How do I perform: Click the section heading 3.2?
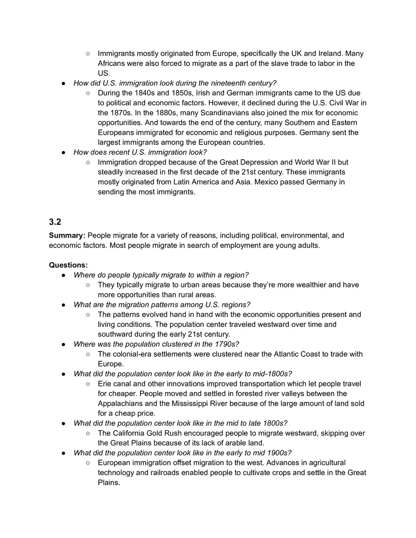tap(55, 222)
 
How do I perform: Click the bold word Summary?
tap(67, 235)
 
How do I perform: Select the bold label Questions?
tap(68, 265)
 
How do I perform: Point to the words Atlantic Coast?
tap(295, 354)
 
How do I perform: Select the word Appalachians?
tap(120, 403)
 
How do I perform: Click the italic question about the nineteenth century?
tap(174, 83)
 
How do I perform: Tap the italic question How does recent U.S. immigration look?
tap(140, 152)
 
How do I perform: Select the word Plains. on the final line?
tap(109, 483)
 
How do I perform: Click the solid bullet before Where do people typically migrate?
tap(64, 275)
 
